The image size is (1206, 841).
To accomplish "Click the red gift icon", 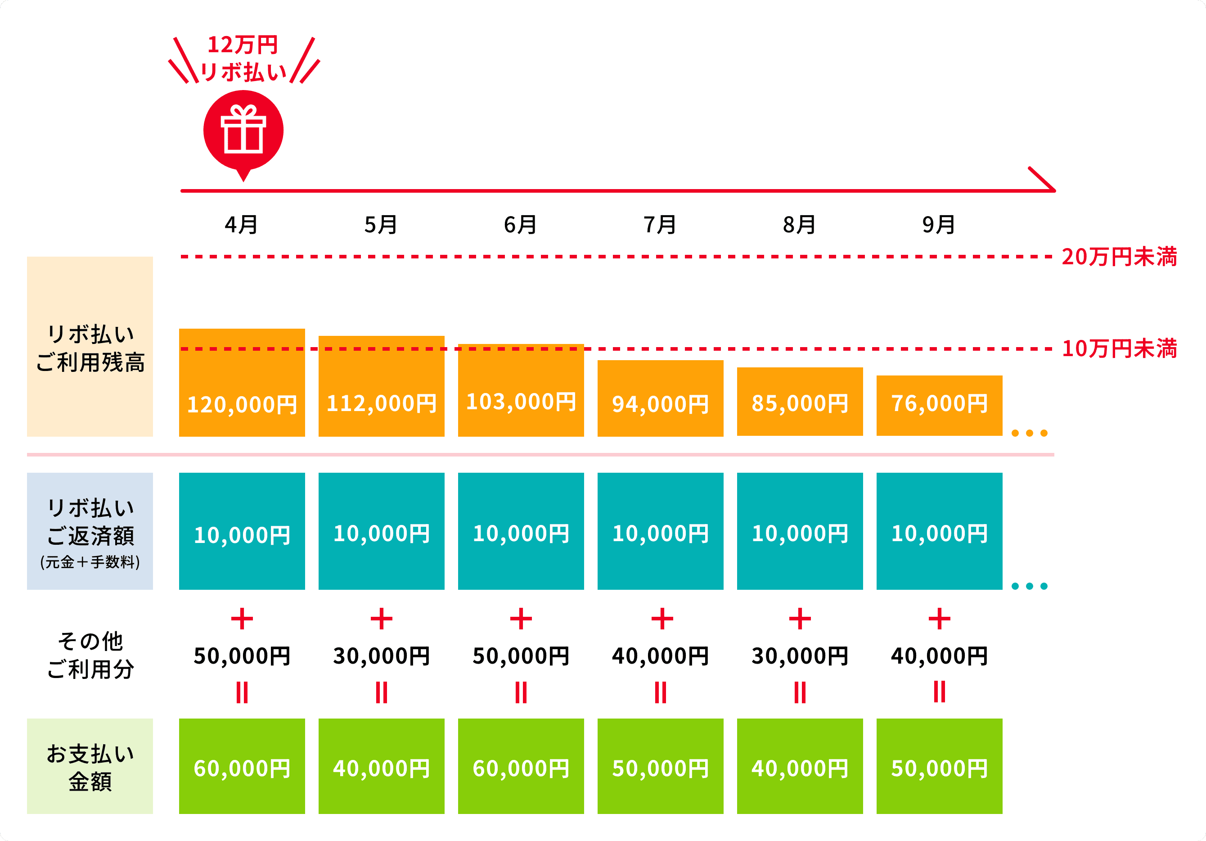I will (x=243, y=131).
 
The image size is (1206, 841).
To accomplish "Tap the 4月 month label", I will (x=242, y=225).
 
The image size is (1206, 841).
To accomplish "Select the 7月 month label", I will (x=660, y=225).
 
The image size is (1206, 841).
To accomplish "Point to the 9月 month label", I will (x=939, y=225).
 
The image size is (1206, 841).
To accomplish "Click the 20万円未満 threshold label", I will (x=1119, y=257).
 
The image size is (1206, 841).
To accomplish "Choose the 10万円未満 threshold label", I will (x=1119, y=348).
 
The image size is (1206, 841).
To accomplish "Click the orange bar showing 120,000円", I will (x=242, y=383).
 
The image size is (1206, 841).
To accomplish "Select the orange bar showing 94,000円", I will (x=660, y=398).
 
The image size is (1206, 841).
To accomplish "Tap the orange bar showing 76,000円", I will (x=939, y=405).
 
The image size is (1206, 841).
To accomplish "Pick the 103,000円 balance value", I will (x=521, y=402).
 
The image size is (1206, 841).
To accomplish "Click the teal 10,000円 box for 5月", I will (x=381, y=531).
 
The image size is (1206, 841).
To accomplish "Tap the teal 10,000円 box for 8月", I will (x=800, y=531).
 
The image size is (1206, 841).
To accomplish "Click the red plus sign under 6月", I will (x=521, y=619).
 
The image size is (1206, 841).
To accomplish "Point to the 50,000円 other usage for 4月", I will (x=242, y=656).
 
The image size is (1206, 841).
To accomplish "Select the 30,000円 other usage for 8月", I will (x=800, y=656).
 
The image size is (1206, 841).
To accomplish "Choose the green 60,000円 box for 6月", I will (x=521, y=766).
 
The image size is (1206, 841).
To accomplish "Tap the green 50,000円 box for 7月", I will (x=660, y=766).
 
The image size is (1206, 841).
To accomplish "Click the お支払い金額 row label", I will (x=90, y=767).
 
